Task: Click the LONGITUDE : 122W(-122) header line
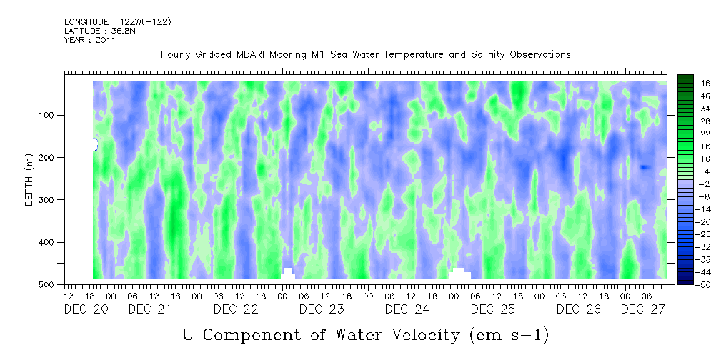pos(118,22)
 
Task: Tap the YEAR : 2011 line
pos(89,40)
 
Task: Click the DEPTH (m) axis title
pos(29,179)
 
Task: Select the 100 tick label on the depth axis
pos(50,115)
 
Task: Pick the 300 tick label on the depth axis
pos(50,199)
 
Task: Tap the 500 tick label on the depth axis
pos(50,284)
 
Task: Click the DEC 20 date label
pos(86,310)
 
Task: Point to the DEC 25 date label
pos(493,310)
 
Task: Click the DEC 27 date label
pos(643,310)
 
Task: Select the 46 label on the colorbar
pos(705,84)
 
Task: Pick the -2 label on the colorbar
pos(704,184)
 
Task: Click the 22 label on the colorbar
pos(705,136)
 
